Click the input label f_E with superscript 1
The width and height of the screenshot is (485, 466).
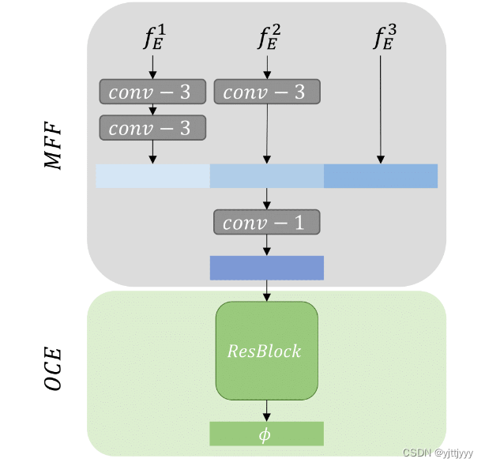pos(153,37)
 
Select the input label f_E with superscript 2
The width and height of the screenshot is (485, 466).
pos(268,37)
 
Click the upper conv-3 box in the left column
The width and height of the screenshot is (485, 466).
pos(152,92)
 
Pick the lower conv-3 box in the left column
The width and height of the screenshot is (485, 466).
pos(152,128)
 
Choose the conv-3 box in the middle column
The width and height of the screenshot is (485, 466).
pos(266,92)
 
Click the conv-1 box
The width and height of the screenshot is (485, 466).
pos(266,222)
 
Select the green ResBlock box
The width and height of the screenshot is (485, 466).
pos(266,350)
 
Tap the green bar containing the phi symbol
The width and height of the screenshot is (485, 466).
pos(266,434)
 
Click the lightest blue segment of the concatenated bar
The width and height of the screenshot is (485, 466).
pos(152,176)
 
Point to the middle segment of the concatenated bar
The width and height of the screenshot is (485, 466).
pos(266,176)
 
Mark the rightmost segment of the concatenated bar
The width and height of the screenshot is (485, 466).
pos(380,176)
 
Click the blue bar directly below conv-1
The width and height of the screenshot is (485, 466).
pos(266,268)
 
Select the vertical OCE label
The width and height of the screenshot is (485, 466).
pos(54,370)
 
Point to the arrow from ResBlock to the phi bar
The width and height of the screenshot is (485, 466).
pos(267,410)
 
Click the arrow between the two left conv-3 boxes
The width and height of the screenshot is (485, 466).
pos(152,110)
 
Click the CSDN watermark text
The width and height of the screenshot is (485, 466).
pos(438,453)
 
